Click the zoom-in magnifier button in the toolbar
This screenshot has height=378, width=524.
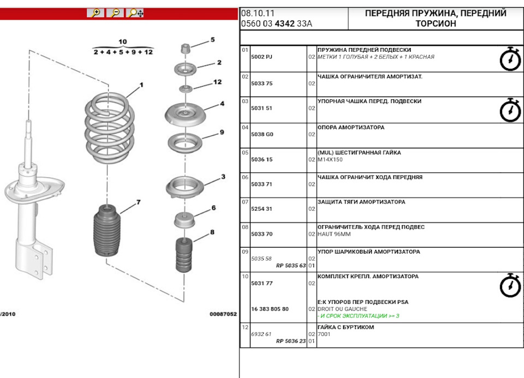pyautogui.click(x=96, y=13)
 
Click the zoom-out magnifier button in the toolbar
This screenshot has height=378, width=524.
pyautogui.click(x=115, y=13)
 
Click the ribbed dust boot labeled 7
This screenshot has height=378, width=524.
pyautogui.click(x=107, y=231)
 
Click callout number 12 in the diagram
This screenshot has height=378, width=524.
pyautogui.click(x=217, y=82)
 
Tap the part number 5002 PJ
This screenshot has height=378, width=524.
pyautogui.click(x=261, y=57)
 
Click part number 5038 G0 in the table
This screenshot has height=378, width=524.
pyautogui.click(x=261, y=134)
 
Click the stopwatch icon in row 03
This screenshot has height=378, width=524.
pyautogui.click(x=510, y=110)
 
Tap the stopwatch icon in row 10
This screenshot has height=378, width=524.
pyautogui.click(x=510, y=285)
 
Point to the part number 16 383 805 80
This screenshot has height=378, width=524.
pyautogui.click(x=270, y=309)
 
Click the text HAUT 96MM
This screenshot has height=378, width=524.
pyautogui.click(x=334, y=234)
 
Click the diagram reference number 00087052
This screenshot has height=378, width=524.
pyautogui.click(x=223, y=314)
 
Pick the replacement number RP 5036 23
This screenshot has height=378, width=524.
pyautogui.click(x=291, y=341)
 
